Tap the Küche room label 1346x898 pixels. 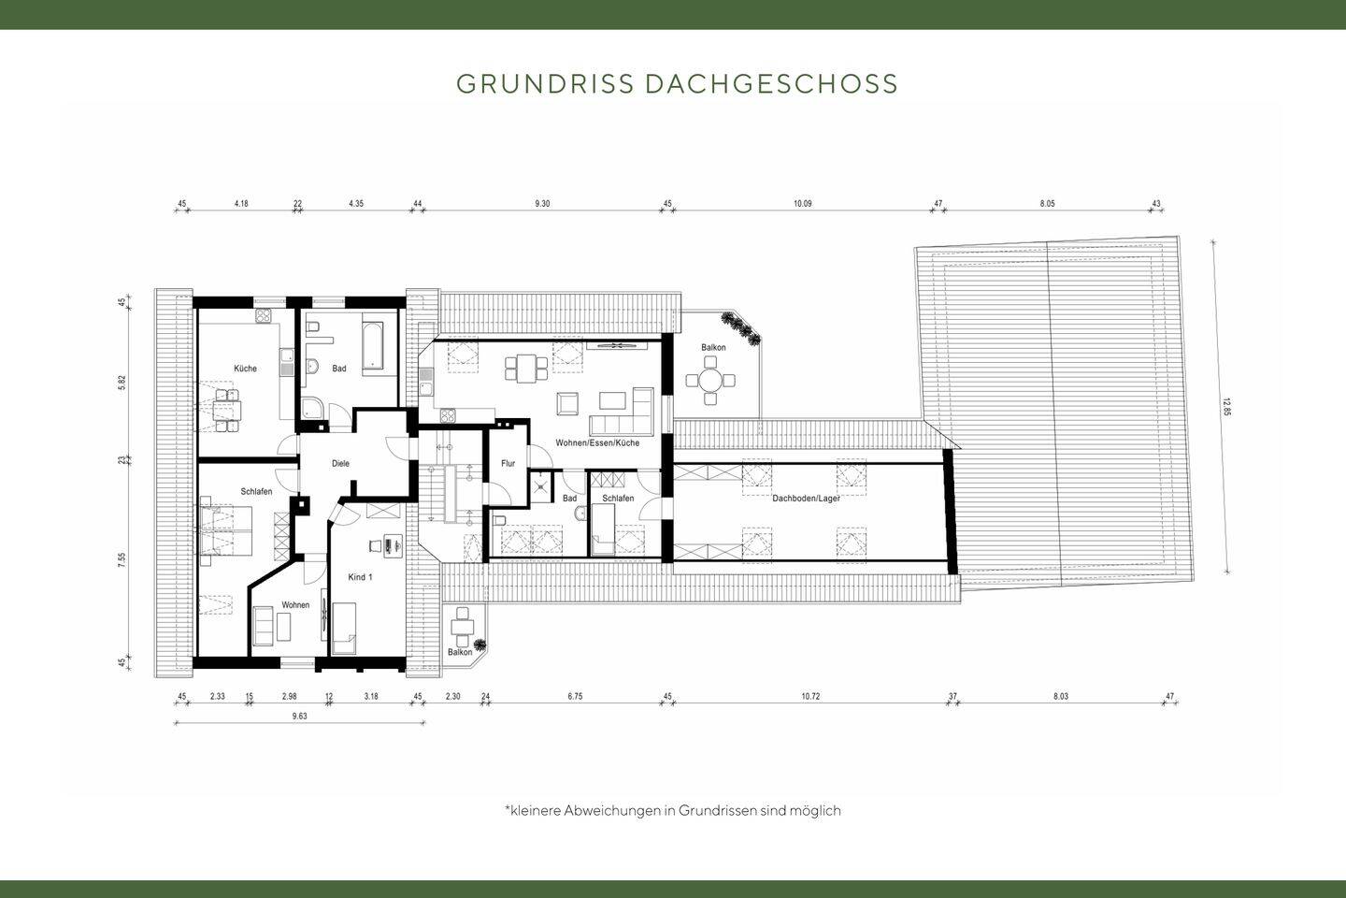245,369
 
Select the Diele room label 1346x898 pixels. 341,463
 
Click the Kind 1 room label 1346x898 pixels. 360,577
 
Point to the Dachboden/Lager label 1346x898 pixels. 806,499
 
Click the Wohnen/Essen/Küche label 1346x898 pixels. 596,442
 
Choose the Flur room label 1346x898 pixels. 508,463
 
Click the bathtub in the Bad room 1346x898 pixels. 373,343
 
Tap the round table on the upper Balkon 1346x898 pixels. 711,381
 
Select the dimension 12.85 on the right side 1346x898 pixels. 1225,408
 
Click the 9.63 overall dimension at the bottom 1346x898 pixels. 299,716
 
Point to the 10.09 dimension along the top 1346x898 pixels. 803,203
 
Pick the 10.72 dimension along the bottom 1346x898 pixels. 809,696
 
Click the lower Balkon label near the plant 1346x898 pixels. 459,652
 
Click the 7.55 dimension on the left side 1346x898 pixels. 122,559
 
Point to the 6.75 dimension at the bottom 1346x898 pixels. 576,696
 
